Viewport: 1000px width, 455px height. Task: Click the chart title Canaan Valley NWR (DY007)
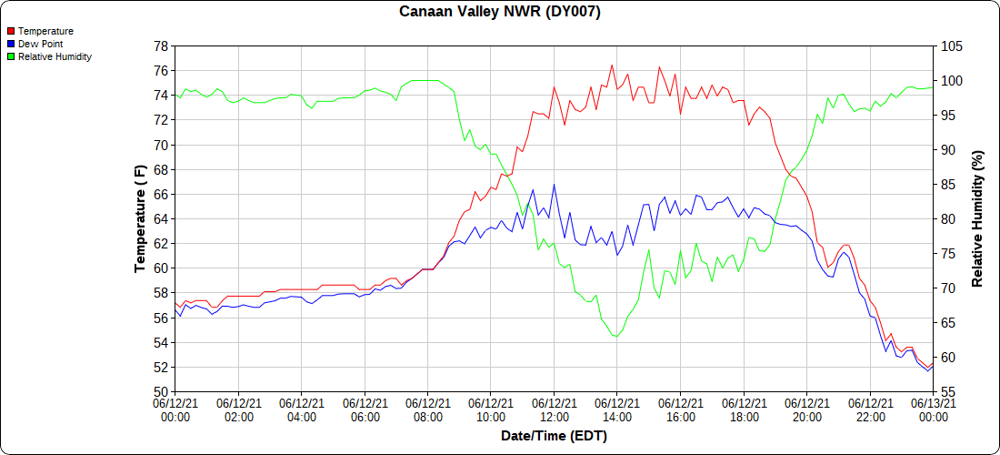[500, 12]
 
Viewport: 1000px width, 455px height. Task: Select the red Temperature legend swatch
[10, 31]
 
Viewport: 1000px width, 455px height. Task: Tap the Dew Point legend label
[40, 44]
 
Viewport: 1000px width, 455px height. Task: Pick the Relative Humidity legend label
[55, 56]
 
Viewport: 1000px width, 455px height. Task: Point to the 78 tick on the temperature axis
[161, 45]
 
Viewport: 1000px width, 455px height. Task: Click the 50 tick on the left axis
[161, 392]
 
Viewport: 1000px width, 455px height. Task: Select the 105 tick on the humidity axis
[951, 45]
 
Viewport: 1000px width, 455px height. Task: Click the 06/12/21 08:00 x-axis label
[428, 409]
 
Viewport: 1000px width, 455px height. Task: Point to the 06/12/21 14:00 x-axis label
[617, 409]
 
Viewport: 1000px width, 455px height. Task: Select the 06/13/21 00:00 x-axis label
[934, 409]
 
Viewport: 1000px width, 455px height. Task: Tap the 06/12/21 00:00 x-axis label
[175, 409]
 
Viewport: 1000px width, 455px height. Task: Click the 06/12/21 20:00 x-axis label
[807, 409]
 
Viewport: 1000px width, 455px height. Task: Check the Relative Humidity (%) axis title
[978, 218]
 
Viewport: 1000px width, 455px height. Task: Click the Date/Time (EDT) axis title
[554, 436]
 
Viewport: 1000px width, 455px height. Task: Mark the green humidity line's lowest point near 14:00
[616, 337]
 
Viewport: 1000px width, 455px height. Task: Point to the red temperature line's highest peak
[612, 65]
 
